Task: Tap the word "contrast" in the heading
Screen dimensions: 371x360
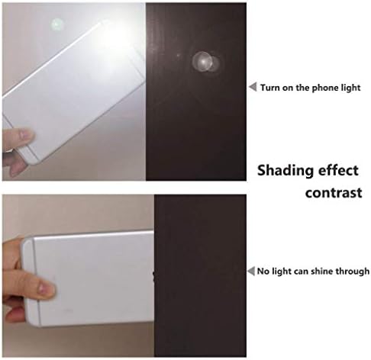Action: point(334,193)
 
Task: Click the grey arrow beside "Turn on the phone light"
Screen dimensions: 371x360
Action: point(253,87)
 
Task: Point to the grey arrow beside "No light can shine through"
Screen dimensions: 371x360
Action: point(251,271)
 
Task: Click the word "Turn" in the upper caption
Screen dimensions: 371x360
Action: point(269,88)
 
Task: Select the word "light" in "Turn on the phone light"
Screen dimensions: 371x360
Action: point(350,88)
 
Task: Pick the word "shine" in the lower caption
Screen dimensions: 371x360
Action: point(322,272)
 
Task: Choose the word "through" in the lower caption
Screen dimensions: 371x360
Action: point(353,272)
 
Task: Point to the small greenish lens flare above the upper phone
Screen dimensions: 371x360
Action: point(57,24)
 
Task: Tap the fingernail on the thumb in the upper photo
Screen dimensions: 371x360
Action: point(25,134)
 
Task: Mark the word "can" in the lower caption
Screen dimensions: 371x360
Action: point(302,272)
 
